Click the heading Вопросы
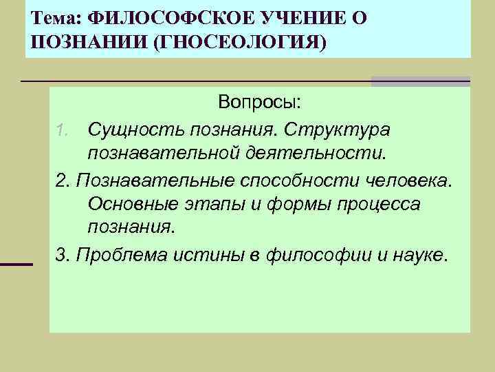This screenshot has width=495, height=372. coord(259,103)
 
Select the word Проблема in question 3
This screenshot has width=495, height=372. coord(118,255)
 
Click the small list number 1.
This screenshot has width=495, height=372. coord(61,130)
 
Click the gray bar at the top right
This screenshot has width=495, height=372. coord(420,81)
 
